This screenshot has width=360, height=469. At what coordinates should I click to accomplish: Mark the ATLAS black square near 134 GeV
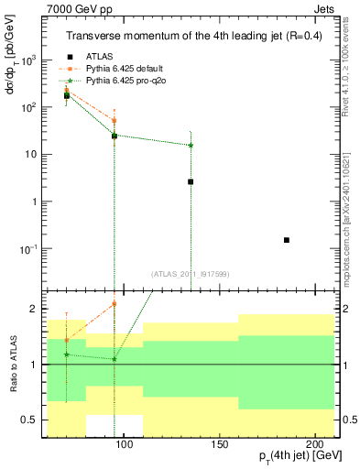191,181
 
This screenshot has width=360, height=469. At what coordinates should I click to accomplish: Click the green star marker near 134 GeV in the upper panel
191,145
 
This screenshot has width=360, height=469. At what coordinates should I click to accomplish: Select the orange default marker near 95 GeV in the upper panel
115,120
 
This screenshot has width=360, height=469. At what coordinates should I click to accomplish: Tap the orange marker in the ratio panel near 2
115,303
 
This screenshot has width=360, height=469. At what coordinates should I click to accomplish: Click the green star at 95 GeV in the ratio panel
115,359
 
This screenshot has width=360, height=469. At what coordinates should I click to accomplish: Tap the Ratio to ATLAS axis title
16,365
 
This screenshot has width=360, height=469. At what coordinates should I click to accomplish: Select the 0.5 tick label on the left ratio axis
29,420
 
